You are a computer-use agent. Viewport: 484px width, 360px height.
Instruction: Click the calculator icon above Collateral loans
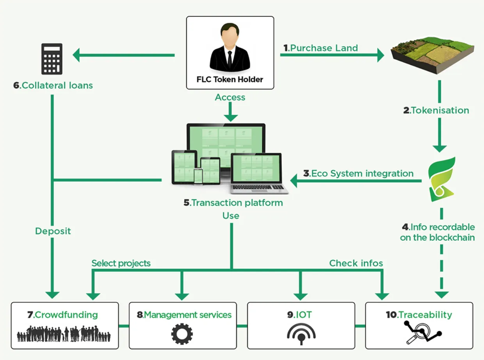52,59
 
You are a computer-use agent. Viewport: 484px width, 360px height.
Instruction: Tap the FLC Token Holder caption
230,80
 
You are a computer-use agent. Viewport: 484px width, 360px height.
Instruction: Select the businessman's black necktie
230,60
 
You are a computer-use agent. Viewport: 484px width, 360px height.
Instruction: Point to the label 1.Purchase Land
320,48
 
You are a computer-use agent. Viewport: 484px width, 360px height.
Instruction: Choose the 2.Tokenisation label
436,110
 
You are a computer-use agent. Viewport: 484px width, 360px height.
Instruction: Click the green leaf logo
441,179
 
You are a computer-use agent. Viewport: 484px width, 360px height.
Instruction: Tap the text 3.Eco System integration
358,174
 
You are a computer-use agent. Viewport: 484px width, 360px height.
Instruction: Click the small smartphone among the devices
198,176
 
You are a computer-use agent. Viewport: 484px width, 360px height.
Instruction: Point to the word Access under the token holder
230,97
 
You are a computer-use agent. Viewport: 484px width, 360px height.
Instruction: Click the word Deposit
53,231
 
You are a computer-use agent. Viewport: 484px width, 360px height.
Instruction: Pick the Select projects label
121,263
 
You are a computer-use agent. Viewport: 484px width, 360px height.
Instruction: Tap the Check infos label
356,263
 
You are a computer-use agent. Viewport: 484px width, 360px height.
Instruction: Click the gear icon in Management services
182,334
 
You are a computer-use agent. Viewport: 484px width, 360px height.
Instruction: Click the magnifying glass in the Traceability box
418,334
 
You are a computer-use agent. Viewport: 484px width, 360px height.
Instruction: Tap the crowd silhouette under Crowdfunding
64,334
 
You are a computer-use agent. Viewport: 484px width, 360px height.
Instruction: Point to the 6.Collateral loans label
53,86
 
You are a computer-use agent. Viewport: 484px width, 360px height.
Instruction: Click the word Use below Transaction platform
231,216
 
